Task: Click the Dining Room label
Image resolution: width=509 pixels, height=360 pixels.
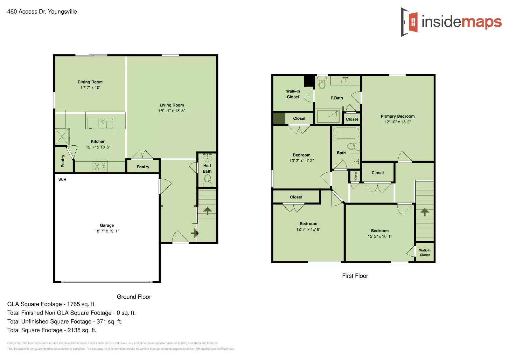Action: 90,82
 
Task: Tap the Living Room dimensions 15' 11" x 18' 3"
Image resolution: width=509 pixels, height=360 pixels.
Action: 171,111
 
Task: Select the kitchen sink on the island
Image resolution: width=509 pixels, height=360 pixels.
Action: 106,123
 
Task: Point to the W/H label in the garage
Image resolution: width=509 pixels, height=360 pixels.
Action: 62,180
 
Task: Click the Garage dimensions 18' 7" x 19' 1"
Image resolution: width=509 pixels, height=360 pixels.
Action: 107,231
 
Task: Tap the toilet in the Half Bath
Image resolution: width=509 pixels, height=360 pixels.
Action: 207,180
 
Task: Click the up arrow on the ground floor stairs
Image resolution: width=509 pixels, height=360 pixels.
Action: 207,211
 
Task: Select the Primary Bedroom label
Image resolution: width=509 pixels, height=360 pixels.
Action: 397,116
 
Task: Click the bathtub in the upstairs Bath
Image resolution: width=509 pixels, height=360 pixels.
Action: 345,133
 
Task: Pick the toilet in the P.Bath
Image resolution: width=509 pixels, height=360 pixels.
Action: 322,84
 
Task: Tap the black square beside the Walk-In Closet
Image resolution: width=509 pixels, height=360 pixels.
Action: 309,81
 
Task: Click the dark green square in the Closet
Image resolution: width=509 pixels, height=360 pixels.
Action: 279,118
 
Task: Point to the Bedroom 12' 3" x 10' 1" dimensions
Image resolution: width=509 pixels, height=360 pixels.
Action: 380,236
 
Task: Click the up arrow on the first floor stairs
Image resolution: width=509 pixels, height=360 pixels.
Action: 424,212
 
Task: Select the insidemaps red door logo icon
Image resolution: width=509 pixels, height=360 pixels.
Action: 413,22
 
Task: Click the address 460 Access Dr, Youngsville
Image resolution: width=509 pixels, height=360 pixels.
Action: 42,12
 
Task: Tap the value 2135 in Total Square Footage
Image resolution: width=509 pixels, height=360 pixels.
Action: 74,330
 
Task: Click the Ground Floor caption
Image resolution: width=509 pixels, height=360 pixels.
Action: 134,297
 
